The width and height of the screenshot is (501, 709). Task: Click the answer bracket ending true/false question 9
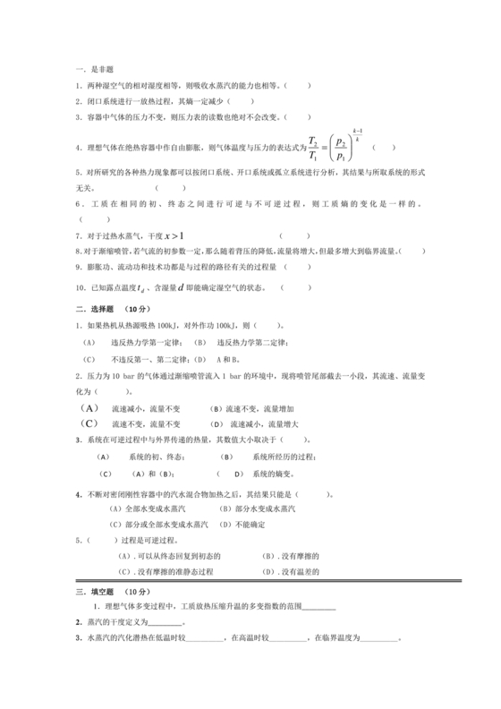pos(298,267)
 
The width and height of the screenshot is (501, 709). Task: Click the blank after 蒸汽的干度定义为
pos(165,624)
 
